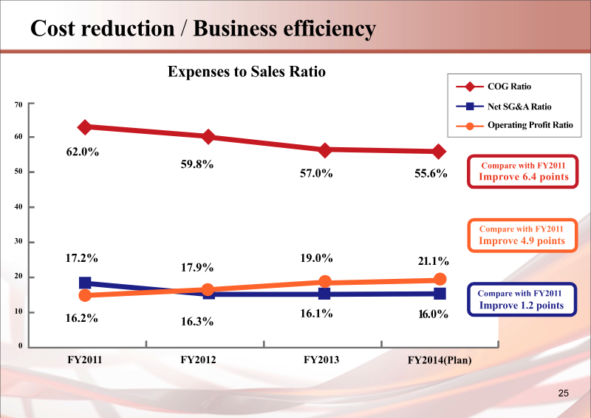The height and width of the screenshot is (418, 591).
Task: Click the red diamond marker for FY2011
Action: [85, 127]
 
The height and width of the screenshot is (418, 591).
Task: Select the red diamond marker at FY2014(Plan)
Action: [439, 152]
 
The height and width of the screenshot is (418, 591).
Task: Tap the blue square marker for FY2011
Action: [85, 283]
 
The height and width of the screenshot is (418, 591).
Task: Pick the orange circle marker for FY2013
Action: [324, 282]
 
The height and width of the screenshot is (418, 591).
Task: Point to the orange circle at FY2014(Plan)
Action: [440, 279]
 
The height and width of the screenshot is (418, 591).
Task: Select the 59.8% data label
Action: [197, 164]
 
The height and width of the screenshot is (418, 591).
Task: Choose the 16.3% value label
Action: [197, 322]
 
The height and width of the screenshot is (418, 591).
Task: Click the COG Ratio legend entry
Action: [509, 87]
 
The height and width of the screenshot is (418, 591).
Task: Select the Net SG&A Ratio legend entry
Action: [519, 107]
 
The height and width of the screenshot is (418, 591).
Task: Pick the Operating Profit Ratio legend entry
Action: [530, 125]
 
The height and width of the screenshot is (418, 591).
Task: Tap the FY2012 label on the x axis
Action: [199, 360]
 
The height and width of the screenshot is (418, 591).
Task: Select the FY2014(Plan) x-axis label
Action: [440, 360]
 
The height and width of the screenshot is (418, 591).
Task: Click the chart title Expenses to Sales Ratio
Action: [247, 72]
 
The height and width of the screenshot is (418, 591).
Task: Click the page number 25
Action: [564, 393]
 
